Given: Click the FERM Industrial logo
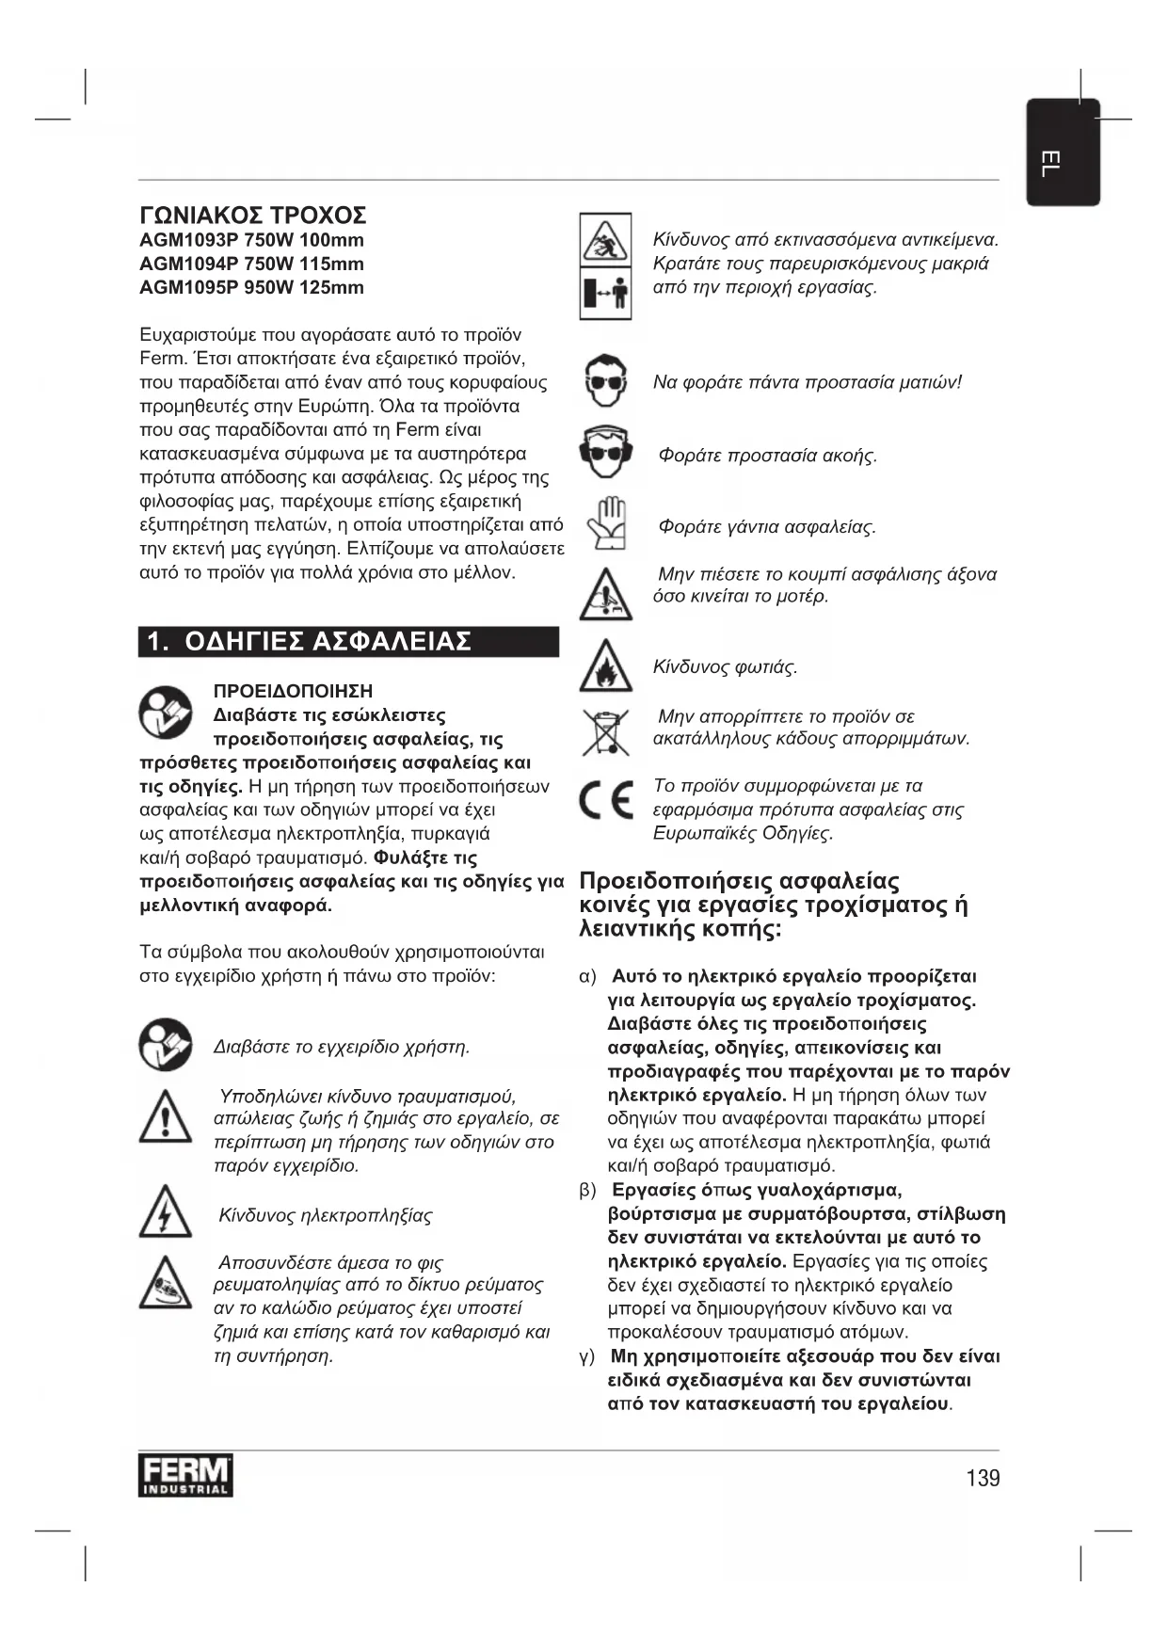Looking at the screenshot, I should (x=185, y=1476).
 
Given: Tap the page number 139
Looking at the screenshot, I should (x=983, y=1478).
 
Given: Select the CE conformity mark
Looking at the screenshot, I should (x=605, y=800).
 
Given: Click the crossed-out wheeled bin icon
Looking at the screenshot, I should (x=605, y=732).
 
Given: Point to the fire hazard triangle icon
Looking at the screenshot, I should (x=605, y=666).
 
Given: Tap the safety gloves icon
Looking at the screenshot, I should (x=605, y=524).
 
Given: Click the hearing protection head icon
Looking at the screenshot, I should (x=605, y=454).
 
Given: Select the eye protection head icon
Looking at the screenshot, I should (x=605, y=380).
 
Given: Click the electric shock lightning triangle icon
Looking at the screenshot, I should (x=165, y=1211).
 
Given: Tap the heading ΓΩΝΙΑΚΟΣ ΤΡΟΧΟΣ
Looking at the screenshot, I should (x=252, y=216).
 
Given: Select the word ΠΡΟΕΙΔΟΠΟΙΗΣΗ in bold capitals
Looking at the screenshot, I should (x=293, y=692).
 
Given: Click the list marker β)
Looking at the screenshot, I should (x=588, y=1191).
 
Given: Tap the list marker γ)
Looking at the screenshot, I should (x=587, y=1357).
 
